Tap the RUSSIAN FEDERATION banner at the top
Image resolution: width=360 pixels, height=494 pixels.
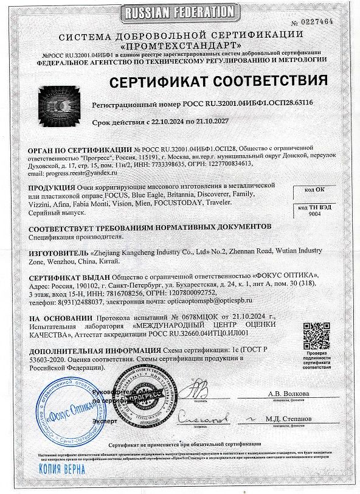(180, 12)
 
